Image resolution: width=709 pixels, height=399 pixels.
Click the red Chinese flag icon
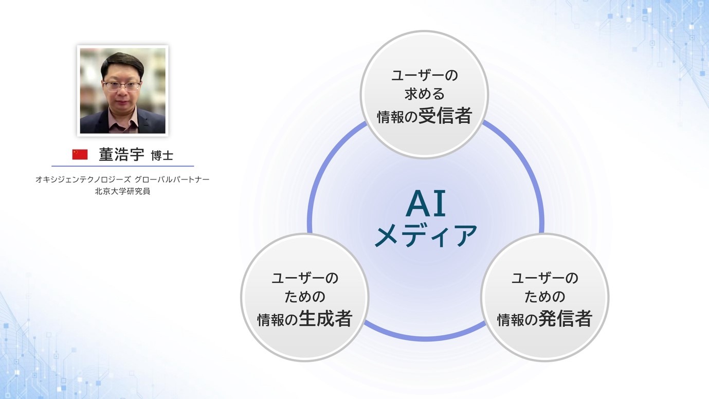point(80,154)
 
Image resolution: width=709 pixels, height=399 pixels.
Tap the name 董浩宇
point(121,155)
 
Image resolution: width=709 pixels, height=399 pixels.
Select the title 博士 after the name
point(162,156)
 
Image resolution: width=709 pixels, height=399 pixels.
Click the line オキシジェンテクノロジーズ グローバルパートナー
point(122,179)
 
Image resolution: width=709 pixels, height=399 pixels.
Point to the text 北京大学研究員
point(122,191)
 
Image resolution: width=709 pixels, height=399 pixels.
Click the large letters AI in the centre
point(426,204)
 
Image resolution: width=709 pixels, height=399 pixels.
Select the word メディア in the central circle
point(426,235)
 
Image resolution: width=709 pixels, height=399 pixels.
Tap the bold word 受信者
point(445,116)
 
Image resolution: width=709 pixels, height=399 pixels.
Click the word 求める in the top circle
point(425,94)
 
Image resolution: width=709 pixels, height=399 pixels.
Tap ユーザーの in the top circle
point(425,75)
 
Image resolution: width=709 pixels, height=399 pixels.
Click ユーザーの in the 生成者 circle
point(305,278)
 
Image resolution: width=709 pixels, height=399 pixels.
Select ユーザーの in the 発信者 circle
point(544,278)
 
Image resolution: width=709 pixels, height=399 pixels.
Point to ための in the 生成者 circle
point(305,297)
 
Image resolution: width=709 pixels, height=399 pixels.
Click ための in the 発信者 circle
point(544,297)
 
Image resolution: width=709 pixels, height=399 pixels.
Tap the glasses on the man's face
point(122,85)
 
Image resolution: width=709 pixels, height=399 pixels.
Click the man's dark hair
point(122,63)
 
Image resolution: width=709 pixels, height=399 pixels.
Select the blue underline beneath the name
point(123,166)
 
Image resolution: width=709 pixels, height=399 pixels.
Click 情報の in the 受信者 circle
point(397,117)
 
